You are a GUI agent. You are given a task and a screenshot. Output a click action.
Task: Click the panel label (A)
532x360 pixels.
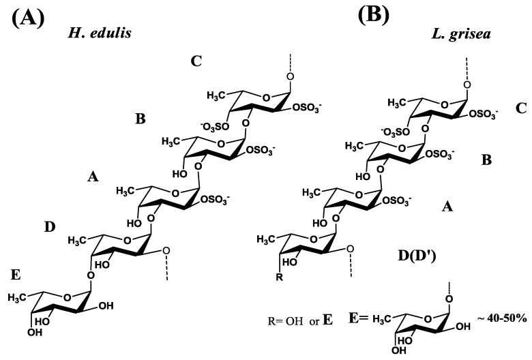[28, 18]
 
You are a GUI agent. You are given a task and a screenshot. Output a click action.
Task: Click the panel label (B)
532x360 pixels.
[374, 15]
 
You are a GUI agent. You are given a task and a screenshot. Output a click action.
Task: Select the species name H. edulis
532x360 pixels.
[100, 33]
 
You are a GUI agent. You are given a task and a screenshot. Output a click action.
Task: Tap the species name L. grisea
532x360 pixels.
[461, 35]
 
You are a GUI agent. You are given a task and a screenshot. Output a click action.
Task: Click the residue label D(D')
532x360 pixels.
[417, 256]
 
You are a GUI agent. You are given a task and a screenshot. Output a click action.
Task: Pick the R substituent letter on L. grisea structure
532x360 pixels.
[280, 277]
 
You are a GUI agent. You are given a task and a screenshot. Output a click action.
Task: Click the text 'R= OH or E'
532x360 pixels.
[300, 320]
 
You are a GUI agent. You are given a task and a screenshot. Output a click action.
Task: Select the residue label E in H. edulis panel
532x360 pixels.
[16, 275]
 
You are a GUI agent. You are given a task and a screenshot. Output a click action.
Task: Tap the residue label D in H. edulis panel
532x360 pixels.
[50, 227]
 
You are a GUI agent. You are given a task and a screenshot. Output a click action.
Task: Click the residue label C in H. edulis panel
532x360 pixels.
[196, 61]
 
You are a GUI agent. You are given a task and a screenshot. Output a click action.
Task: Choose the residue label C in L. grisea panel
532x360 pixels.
[521, 108]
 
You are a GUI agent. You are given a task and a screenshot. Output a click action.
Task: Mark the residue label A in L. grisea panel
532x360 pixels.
[447, 206]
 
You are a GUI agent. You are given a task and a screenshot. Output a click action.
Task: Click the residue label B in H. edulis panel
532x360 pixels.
[141, 119]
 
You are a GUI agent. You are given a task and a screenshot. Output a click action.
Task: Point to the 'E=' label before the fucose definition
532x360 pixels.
[359, 318]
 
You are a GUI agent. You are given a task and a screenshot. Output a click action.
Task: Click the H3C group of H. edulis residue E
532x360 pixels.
[18, 298]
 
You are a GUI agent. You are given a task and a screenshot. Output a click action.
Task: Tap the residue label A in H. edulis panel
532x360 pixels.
[93, 177]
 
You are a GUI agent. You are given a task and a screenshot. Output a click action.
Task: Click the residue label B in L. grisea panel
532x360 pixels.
[487, 160]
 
